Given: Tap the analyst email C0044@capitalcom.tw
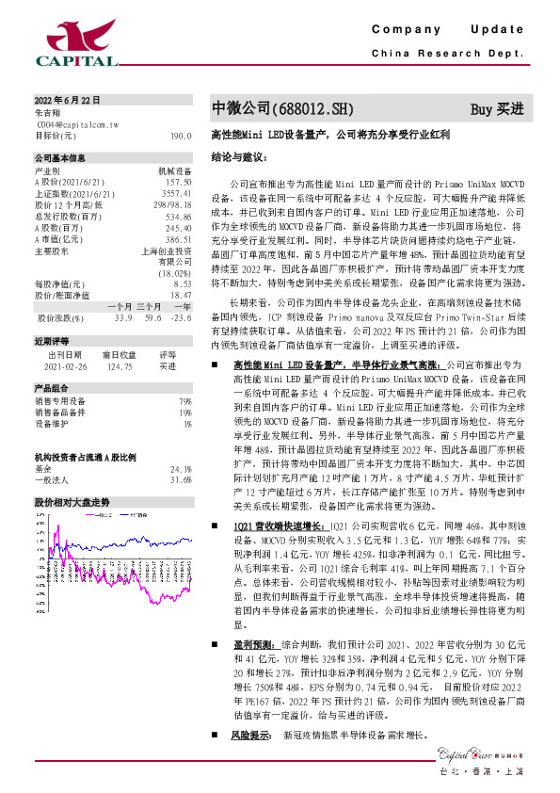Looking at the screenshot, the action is coord(77,123).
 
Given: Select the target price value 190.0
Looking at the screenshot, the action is coord(182,136).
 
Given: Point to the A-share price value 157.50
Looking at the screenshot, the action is coord(179,182).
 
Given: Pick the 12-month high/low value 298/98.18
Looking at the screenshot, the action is coord(172,204).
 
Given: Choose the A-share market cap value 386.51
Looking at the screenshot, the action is coord(179,239).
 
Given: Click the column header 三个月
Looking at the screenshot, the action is coord(150,306).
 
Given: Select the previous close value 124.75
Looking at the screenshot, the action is coord(120,365).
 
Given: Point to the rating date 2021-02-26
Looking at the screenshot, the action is coord(64,365).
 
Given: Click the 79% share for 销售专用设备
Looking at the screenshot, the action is coord(185,401).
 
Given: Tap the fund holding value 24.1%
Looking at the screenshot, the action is coord(181,469).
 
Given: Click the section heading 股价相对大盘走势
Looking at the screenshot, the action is coord(72,502).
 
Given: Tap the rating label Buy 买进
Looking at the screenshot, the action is coord(496,109).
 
